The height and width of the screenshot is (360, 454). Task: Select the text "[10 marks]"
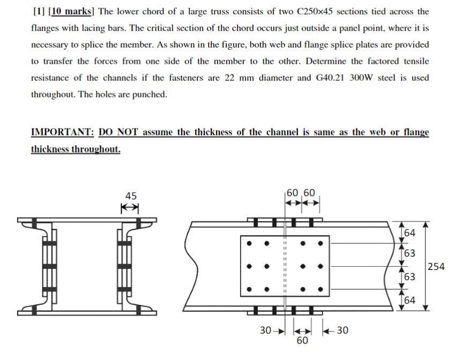click(72, 11)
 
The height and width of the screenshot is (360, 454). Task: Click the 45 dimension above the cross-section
click(130, 196)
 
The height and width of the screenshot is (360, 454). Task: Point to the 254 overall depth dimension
click(437, 266)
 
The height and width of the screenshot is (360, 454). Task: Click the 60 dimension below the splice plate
click(302, 341)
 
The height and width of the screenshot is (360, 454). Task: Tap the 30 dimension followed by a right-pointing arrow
click(266, 331)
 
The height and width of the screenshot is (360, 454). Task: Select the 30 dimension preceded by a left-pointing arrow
click(343, 331)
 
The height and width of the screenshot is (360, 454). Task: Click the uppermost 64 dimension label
click(410, 233)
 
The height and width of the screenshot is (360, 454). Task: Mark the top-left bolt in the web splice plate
click(249, 243)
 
